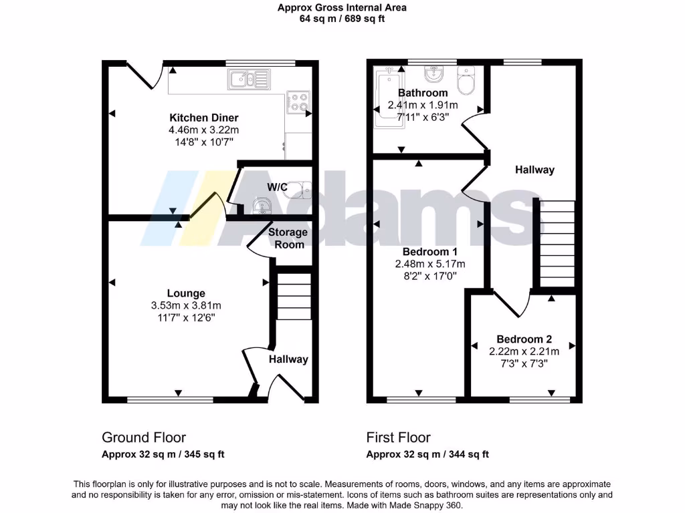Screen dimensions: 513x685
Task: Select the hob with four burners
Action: point(299,102)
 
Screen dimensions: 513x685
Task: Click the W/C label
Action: point(277,187)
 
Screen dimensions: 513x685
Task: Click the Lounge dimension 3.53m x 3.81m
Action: point(186,305)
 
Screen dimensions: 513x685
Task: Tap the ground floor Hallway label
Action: point(288,359)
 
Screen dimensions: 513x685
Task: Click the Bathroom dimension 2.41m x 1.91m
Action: point(423,105)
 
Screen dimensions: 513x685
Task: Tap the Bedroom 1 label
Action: point(429,252)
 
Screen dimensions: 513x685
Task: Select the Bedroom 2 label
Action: point(524,339)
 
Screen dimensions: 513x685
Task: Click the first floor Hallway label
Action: point(534,170)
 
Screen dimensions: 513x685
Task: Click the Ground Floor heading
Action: point(144,438)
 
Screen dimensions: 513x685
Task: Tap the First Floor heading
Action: point(398,438)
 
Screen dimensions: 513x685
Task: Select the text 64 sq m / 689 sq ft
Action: point(342,19)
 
